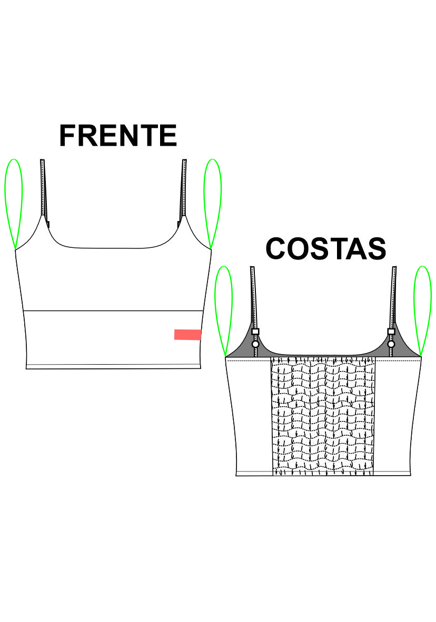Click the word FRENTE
coord(118,135)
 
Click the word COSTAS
coord(325,249)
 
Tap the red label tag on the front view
coord(187,334)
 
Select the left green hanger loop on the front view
coord(14,204)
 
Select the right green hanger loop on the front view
coord(212,204)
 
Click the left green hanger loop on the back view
coord(224,312)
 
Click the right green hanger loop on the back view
coord(422,312)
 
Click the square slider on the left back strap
coord(255,331)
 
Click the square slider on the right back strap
coord(391,331)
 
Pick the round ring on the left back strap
coord(255,344)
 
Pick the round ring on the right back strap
coord(391,344)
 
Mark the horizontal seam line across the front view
coord(114,310)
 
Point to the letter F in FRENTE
coord(67,136)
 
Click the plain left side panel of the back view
coord(250,417)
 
